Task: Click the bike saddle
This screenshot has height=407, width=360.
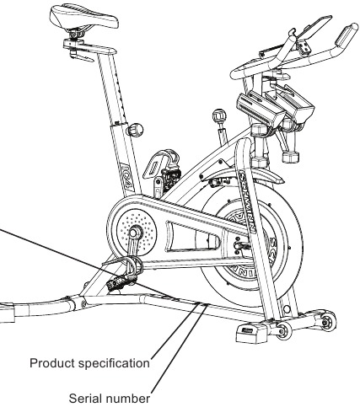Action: click(83, 17)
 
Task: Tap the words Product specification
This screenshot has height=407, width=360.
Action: click(89, 363)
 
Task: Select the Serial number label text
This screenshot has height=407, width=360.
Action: click(110, 399)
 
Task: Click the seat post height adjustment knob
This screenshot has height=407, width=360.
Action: click(136, 130)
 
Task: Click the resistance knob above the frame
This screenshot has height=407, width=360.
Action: click(219, 115)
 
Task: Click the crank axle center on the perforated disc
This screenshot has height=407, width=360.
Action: click(135, 233)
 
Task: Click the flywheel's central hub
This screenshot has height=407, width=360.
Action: click(239, 246)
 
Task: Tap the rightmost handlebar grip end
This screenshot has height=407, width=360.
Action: click(347, 35)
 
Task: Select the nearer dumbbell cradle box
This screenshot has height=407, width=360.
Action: click(261, 110)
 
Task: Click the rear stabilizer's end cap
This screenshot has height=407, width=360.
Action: click(7, 312)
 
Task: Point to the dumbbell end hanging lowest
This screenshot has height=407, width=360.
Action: click(291, 157)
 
